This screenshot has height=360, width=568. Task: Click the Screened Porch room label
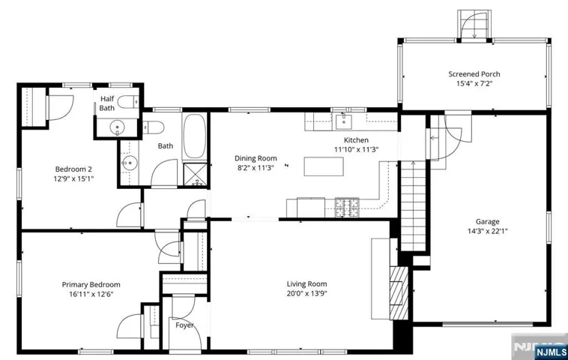(474, 74)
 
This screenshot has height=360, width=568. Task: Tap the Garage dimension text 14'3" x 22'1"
(488, 231)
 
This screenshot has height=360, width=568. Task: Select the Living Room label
(306, 283)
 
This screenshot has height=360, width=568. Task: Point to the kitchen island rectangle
(324, 166)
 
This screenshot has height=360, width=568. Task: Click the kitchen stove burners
(347, 208)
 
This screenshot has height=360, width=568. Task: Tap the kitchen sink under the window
(343, 121)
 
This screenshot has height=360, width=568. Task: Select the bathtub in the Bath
(195, 136)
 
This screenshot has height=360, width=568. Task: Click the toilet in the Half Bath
(128, 102)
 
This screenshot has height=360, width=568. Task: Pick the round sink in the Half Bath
(117, 127)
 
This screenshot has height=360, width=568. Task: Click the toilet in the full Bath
(154, 127)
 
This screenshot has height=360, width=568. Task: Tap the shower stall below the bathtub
(196, 175)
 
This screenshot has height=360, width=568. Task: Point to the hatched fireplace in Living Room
(399, 293)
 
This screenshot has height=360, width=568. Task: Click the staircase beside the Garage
(413, 206)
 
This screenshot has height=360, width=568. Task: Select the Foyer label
(185, 325)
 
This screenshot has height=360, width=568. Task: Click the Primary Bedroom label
(91, 284)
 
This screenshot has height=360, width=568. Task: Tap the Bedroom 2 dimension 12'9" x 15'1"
(73, 178)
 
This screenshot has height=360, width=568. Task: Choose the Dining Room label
(256, 158)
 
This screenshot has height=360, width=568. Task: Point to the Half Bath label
(107, 103)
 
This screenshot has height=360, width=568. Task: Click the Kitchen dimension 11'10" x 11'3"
(356, 149)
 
